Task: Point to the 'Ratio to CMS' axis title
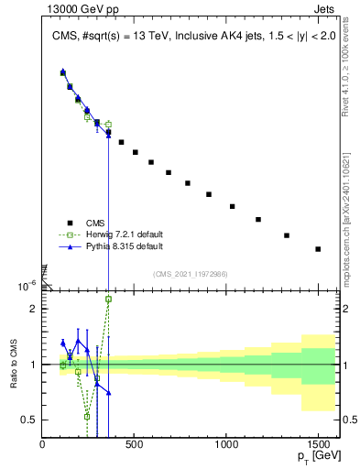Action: click(x=14, y=364)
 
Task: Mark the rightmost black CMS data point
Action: click(x=318, y=249)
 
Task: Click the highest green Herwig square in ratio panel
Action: click(x=108, y=299)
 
